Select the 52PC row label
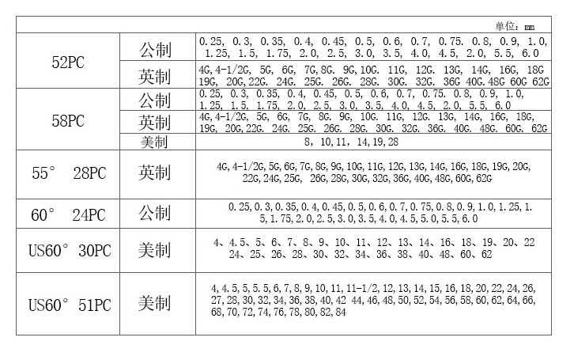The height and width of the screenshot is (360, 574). (66, 61)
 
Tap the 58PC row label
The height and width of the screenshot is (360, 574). (66, 121)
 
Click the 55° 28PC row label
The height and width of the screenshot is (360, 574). (66, 172)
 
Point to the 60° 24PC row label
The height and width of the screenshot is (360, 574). (66, 213)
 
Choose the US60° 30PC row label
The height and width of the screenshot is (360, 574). (66, 250)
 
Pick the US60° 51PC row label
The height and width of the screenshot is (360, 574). (66, 304)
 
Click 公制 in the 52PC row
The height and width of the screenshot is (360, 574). (155, 47)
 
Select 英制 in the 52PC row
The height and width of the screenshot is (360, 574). (155, 76)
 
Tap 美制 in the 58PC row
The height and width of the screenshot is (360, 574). (155, 142)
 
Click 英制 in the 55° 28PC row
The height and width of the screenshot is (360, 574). (155, 172)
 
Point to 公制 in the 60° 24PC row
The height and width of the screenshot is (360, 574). (155, 213)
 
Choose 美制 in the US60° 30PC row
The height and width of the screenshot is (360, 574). (155, 250)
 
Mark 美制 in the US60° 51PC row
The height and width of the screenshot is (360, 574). (155, 304)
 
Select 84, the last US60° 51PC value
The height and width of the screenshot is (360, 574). (340, 313)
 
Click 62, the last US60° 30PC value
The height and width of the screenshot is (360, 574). (486, 255)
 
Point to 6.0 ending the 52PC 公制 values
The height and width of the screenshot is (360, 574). (530, 53)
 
